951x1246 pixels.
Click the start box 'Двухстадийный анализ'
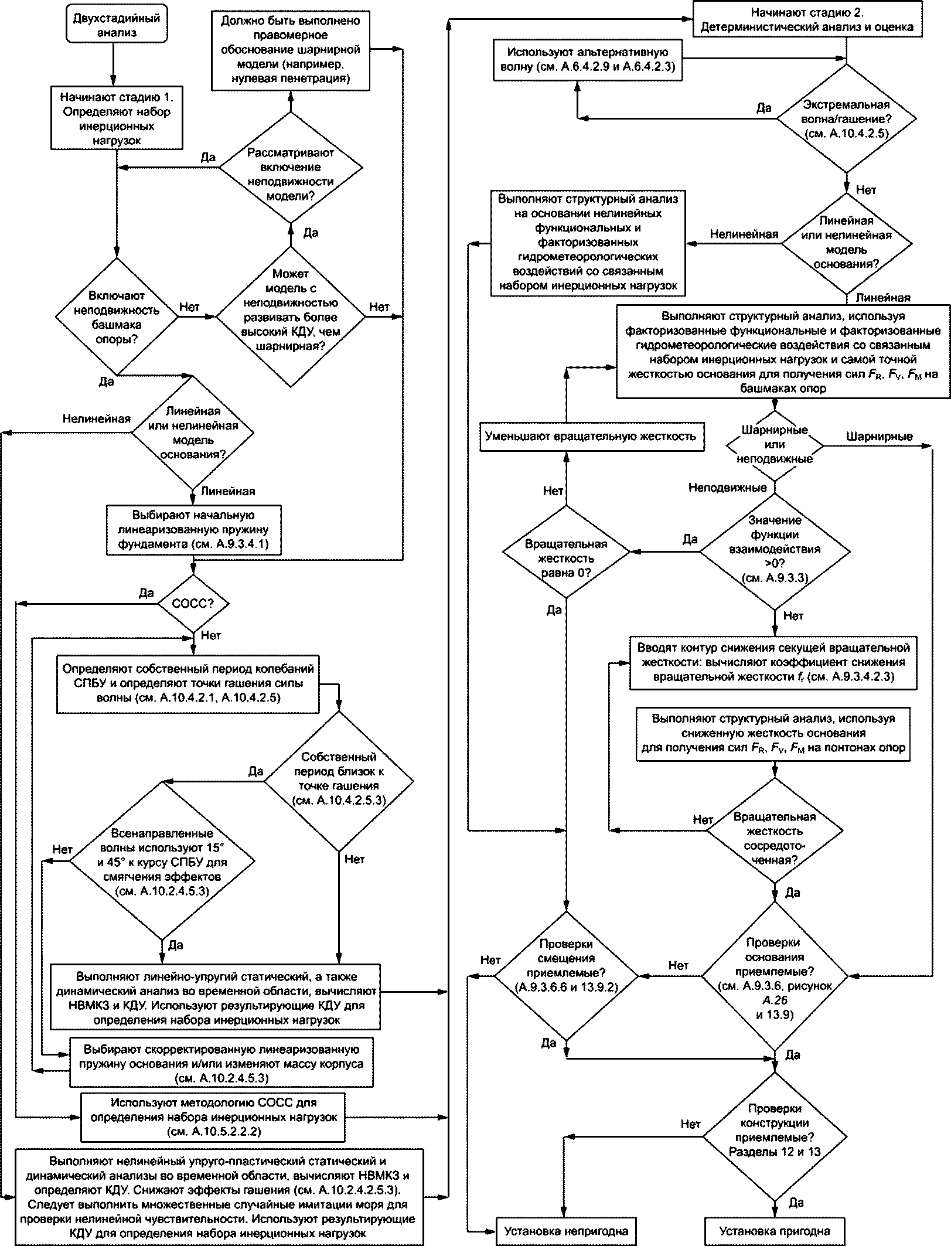click(117, 25)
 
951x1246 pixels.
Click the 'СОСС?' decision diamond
click(193, 603)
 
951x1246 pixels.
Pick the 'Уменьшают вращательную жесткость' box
click(591, 436)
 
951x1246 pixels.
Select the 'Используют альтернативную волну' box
click(588, 60)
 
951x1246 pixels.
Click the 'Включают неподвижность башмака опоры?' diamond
click(117, 317)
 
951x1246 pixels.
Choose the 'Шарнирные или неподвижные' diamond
click(775, 445)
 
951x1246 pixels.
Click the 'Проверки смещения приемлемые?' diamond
click(566, 976)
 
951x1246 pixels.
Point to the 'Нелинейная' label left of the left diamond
click(97, 418)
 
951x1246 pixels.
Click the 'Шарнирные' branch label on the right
click(880, 437)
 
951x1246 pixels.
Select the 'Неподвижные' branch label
click(727, 488)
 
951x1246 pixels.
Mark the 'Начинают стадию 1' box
click(117, 118)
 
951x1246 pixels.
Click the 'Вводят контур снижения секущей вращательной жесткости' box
click(775, 662)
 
